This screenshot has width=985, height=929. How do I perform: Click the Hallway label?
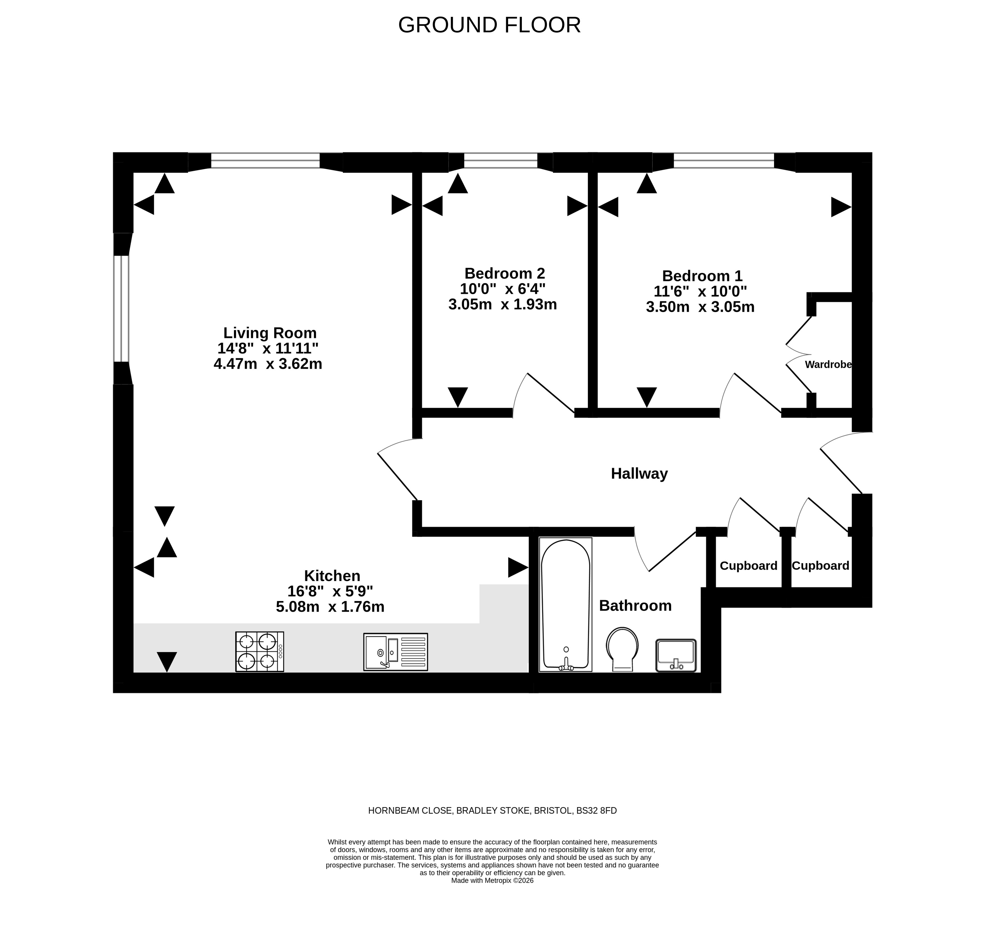(639, 474)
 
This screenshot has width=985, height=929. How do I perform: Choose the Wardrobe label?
(829, 365)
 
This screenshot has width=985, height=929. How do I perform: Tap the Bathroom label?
(635, 605)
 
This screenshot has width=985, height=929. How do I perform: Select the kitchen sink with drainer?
(395, 652)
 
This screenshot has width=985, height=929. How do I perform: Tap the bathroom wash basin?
(676, 655)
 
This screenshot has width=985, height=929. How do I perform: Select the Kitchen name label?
(332, 576)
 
